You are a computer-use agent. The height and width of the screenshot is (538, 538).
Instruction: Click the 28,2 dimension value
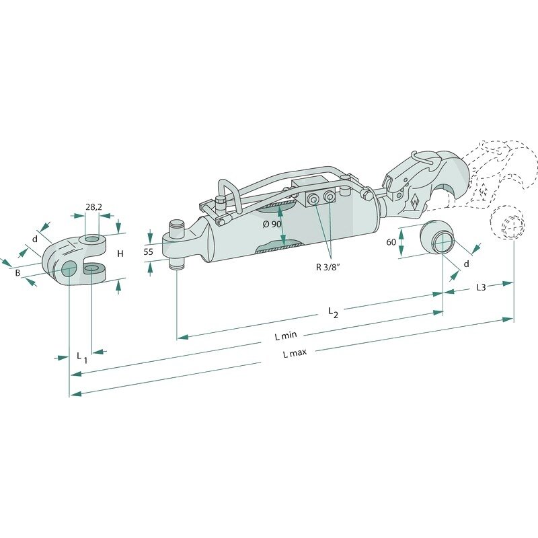(x=93, y=207)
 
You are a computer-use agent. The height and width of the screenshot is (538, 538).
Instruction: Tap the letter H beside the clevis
(x=120, y=254)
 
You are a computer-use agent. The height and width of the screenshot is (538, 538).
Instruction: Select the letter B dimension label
(x=17, y=274)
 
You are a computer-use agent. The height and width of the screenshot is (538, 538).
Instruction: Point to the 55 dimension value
(x=148, y=252)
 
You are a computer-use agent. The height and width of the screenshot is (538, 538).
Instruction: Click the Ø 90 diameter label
(x=272, y=225)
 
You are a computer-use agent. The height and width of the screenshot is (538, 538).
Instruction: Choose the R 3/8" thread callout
(x=328, y=267)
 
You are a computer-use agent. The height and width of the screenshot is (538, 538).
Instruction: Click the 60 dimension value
(x=391, y=242)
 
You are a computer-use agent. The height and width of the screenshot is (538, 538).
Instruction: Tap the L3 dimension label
(x=482, y=287)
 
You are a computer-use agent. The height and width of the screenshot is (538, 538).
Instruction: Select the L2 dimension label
(x=333, y=313)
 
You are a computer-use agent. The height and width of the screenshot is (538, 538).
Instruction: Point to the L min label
(x=286, y=335)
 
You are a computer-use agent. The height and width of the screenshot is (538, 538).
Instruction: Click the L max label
(x=295, y=353)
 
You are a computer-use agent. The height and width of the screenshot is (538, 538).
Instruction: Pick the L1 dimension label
(x=82, y=357)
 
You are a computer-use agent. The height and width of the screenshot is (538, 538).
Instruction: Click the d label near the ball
(x=466, y=264)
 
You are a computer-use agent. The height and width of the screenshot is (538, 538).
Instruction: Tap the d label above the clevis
(x=35, y=239)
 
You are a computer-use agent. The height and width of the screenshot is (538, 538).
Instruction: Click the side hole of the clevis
(x=70, y=268)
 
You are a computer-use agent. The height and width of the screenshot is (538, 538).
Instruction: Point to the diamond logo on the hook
(x=414, y=202)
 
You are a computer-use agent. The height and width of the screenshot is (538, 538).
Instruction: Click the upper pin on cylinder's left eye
(x=177, y=227)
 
